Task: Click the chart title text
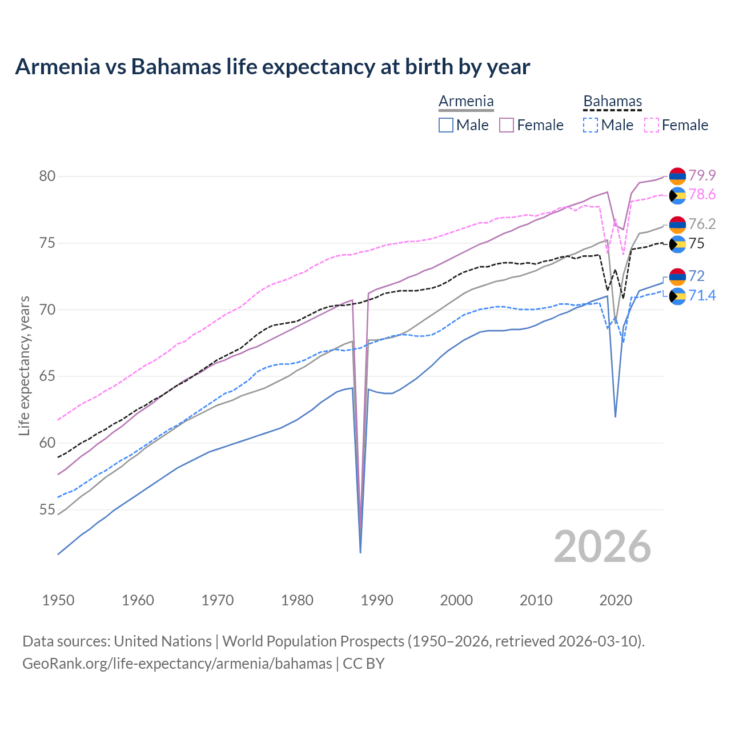(x=272, y=67)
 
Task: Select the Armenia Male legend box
(x=446, y=125)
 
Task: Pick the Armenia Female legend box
(x=507, y=125)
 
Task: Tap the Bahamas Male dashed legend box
(x=591, y=125)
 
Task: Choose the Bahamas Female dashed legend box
(x=652, y=125)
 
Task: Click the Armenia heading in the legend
(x=466, y=102)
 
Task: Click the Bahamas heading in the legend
(x=612, y=102)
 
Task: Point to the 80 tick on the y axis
(x=47, y=176)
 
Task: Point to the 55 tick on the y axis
(x=47, y=509)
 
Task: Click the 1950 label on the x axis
(x=58, y=600)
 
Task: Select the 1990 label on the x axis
(x=377, y=600)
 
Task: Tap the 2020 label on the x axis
(x=616, y=600)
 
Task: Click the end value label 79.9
(x=702, y=175)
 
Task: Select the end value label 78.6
(x=702, y=195)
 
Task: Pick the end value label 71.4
(x=702, y=295)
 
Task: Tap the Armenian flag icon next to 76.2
(x=677, y=224)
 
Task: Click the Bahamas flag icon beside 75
(x=677, y=244)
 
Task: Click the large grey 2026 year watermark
(x=602, y=547)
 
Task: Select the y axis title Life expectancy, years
(x=24, y=365)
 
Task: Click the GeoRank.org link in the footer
(x=177, y=664)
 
